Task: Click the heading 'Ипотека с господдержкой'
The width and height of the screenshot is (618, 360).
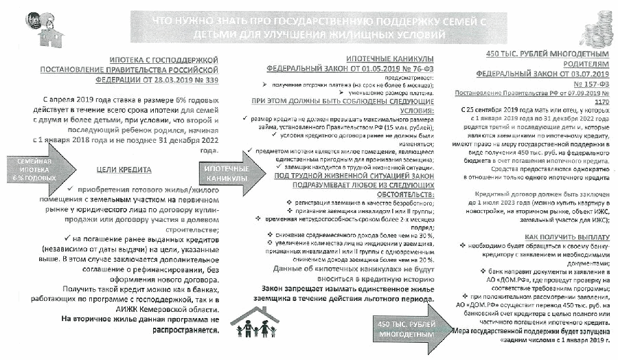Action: [168, 60]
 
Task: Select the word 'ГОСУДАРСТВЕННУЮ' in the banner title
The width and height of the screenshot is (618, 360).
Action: [282, 21]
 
